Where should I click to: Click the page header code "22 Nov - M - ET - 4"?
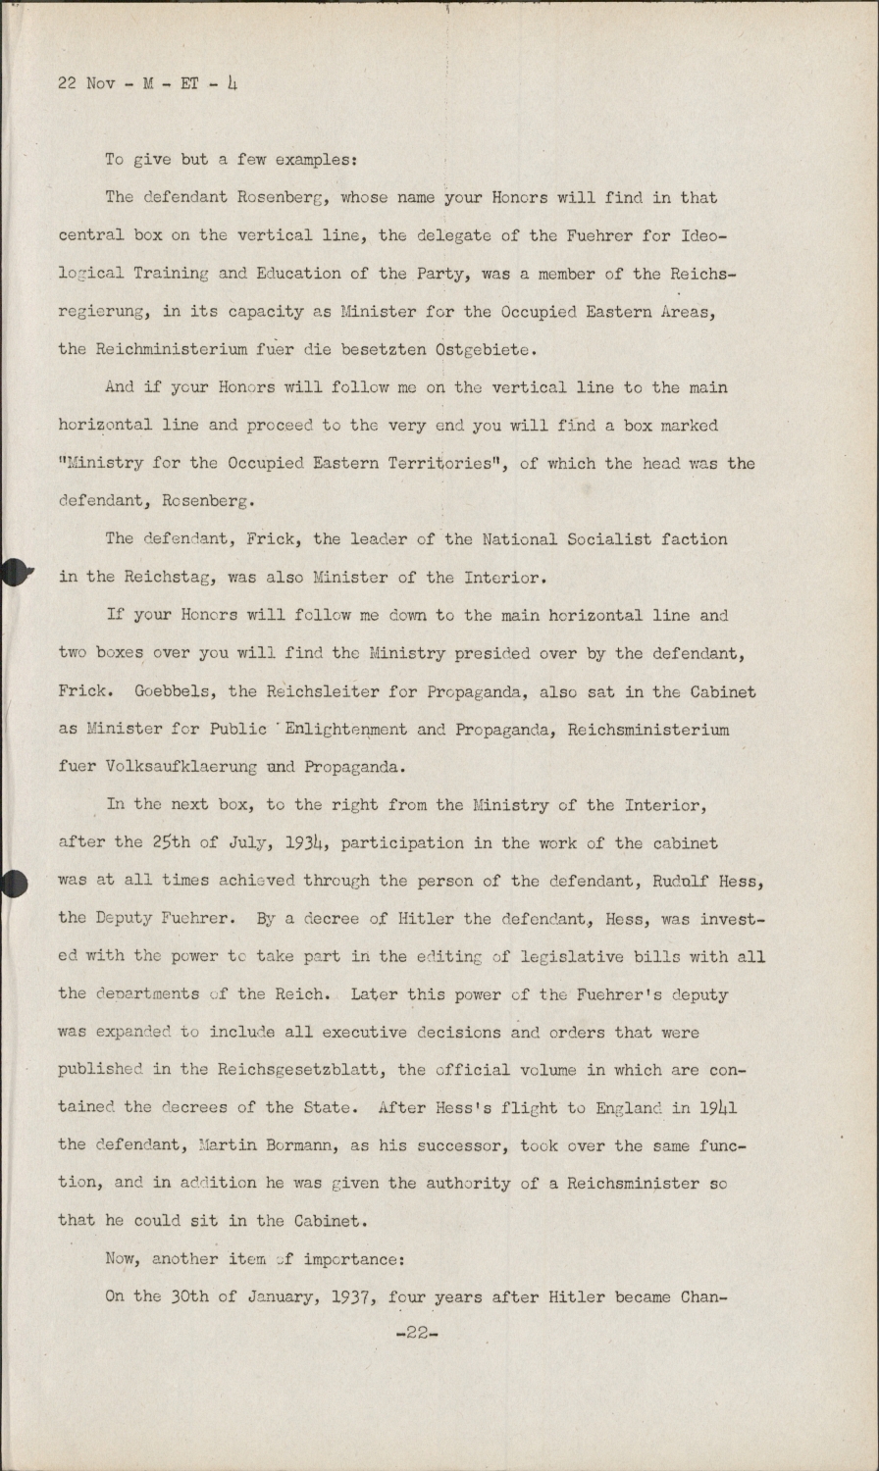[147, 83]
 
